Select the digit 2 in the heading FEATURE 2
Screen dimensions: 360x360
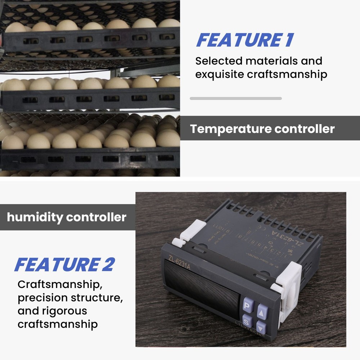point(107,265)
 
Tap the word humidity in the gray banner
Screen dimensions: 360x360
point(35,217)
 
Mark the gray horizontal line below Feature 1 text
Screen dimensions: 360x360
point(235,98)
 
